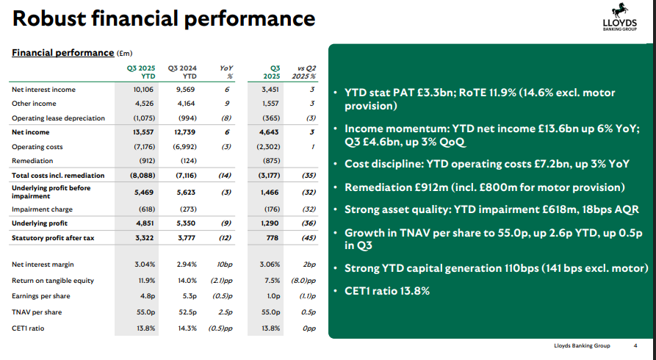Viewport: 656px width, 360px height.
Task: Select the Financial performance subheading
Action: (x=62, y=53)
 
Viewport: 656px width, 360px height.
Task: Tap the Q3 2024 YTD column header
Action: (x=182, y=71)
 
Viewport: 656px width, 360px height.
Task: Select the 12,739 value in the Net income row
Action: (x=184, y=132)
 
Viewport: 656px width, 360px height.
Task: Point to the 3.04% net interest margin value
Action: (x=145, y=263)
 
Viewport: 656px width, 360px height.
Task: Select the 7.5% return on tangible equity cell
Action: (x=272, y=280)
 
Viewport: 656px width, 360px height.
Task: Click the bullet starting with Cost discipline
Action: (x=488, y=163)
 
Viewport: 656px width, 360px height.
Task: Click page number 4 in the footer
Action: (x=635, y=346)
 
